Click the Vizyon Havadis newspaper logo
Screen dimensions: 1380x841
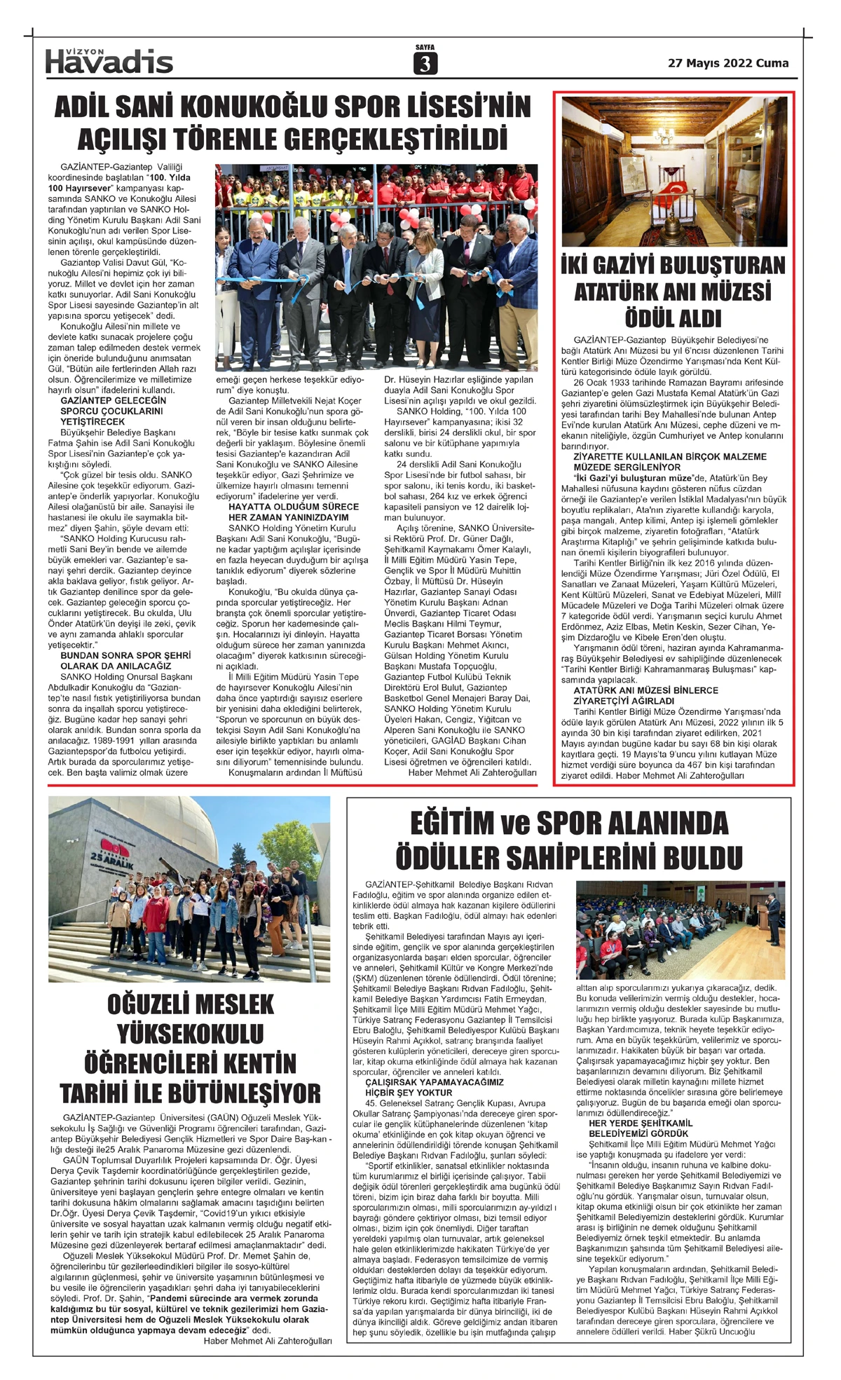coord(109,62)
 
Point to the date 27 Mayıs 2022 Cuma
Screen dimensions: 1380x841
coord(727,63)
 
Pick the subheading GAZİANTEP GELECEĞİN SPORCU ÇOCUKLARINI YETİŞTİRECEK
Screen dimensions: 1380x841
coord(112,411)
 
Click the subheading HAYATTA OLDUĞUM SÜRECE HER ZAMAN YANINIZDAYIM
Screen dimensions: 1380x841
coord(293,512)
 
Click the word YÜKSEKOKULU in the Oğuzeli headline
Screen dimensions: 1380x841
coord(190,1033)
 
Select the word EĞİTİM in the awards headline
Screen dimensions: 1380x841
coord(453,823)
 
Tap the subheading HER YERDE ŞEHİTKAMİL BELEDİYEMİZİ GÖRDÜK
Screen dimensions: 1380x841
coord(640,1128)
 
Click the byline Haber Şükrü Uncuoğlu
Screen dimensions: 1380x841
coord(711,1331)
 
